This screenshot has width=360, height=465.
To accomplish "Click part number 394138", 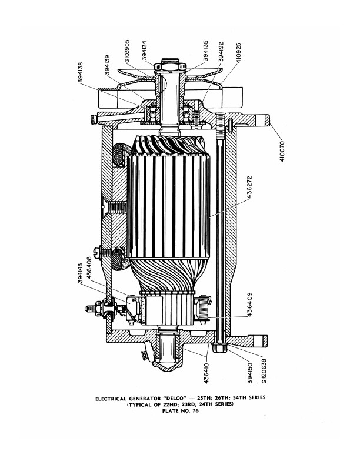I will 81,72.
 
